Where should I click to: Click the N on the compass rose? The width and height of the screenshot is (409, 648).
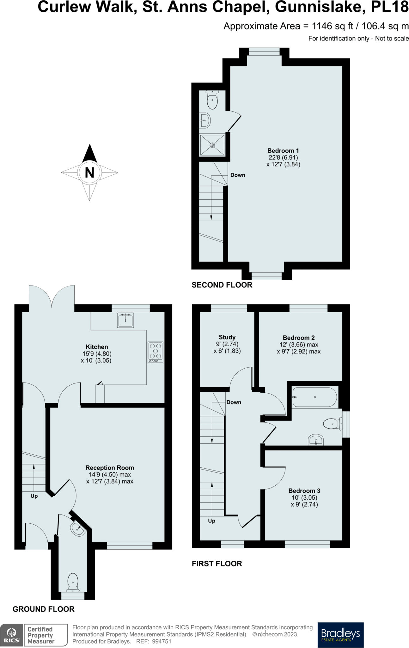tap(90, 173)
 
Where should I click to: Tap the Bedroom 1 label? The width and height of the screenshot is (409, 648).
tap(283, 151)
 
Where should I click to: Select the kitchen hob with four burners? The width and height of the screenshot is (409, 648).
tap(155, 352)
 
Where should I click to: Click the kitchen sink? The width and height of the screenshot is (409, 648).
tap(125, 320)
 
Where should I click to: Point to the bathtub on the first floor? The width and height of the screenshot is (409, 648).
tap(315, 397)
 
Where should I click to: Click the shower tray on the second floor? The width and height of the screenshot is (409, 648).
tap(212, 145)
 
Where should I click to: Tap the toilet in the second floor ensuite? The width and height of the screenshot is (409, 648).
tap(212, 100)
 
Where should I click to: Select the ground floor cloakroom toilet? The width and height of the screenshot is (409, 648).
tap(73, 583)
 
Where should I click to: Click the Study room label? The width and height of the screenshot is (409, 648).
tap(227, 337)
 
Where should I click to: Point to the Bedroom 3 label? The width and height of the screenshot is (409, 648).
tap(304, 491)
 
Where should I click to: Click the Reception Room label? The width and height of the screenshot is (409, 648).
tap(110, 468)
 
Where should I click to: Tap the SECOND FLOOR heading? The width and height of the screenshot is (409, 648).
tap(222, 285)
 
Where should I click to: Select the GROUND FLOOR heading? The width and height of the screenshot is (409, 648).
tap(44, 609)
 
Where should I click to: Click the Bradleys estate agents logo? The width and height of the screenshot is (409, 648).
tap(340, 635)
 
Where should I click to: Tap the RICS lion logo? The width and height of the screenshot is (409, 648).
tap(12, 635)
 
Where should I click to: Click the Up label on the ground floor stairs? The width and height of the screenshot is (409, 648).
tap(34, 496)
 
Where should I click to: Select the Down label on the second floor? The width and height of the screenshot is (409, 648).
tap(238, 175)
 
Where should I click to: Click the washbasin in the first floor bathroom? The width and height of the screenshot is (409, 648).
tap(316, 440)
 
